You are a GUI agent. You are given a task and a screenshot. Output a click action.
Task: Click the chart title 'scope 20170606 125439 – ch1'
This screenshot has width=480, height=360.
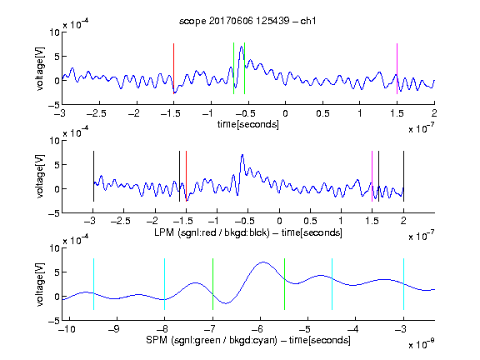247,21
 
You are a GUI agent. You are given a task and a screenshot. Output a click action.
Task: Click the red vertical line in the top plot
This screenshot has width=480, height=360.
173,68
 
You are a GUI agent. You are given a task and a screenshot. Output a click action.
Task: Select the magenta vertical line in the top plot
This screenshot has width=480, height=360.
397,68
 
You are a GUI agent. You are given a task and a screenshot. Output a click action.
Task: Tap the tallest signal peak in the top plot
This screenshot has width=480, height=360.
242,47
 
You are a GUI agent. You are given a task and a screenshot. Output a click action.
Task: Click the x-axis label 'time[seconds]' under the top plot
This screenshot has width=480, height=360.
248,124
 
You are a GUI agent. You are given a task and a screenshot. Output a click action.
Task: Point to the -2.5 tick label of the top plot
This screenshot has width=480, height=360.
96,113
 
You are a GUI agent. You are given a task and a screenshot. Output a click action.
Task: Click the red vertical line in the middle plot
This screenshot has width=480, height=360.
186,177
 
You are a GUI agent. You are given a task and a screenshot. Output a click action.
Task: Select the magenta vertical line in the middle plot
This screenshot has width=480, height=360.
372,177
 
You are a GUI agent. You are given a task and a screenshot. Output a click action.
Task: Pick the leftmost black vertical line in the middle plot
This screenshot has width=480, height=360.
93,177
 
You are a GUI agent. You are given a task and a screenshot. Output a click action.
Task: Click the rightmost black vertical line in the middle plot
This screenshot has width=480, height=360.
403,177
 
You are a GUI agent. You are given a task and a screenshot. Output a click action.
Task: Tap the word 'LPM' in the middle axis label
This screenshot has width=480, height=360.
164,232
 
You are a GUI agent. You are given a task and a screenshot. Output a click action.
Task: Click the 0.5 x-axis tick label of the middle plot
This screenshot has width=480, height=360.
310,221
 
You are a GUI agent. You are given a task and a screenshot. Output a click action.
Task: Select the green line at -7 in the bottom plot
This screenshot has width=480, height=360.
212,284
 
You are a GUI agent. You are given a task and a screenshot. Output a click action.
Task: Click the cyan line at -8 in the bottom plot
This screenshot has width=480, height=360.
164,284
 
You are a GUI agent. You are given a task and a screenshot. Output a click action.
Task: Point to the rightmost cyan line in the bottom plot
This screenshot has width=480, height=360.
403,284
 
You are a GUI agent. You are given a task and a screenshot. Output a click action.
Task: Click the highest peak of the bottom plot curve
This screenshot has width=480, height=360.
263,262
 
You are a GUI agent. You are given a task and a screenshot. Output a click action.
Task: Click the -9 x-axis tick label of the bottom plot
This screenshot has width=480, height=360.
114,329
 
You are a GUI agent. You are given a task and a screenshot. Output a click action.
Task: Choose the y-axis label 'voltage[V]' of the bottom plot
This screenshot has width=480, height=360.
40,284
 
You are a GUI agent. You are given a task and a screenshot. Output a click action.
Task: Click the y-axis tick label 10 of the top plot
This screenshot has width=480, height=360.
54,32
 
